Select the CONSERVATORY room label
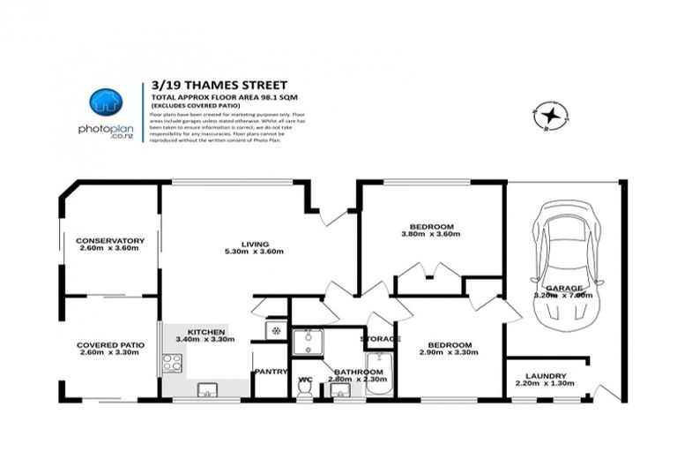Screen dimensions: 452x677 point(110,240)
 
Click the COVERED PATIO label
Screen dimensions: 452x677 point(110,344)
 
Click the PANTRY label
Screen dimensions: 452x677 point(271,372)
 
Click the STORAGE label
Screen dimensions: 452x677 point(380,338)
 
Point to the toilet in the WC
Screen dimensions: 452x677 point(305,388)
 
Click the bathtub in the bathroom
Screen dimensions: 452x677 point(379,373)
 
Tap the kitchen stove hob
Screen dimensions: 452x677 point(172,362)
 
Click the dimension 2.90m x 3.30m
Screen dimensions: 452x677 point(450,352)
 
